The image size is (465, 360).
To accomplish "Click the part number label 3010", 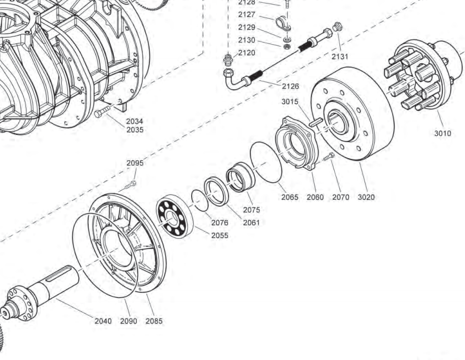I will (442, 134).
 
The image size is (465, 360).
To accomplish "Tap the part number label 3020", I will (366, 197).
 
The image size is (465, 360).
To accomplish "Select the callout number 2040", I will (103, 321).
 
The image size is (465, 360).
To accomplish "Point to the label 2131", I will (340, 57).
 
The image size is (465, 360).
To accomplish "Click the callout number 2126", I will (290, 86).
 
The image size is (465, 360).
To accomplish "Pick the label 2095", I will (134, 163).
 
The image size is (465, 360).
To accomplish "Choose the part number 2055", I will (219, 235).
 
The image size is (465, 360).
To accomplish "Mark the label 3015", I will (289, 102).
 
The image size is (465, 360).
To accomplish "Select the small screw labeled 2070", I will (329, 157).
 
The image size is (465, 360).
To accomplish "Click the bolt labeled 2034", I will (102, 112).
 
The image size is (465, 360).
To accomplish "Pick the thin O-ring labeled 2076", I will (200, 199).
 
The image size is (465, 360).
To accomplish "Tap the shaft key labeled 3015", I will (316, 122).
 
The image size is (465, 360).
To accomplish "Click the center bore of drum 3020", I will (338, 123).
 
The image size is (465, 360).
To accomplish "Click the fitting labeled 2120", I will (229, 61).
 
